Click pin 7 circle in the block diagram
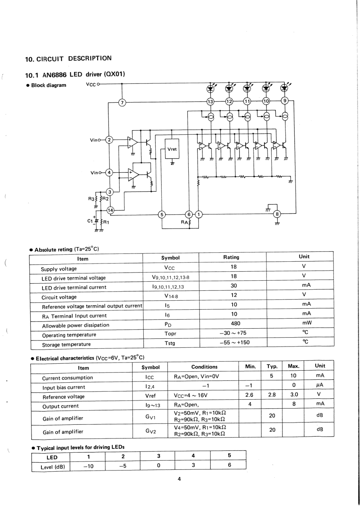click(x=122, y=103)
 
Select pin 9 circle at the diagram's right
click(x=285, y=101)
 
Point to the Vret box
click(x=172, y=149)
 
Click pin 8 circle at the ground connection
click(x=278, y=214)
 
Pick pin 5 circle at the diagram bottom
click(x=162, y=214)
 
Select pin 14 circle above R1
click(x=110, y=210)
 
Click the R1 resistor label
click(x=106, y=222)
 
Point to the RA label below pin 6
click(x=184, y=222)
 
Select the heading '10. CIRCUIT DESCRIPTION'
click(x=69, y=58)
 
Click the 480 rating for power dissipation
click(x=235, y=323)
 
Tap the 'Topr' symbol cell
click(x=170, y=333)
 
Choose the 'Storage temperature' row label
click(x=66, y=344)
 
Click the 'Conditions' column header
click(x=204, y=367)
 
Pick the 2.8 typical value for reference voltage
click(x=272, y=395)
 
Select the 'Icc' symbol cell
click(x=149, y=377)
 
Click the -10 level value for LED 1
click(x=88, y=466)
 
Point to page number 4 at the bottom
click(x=179, y=479)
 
